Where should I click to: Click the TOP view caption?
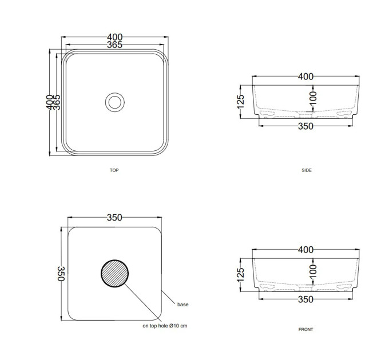pos(114,170)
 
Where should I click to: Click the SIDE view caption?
pos(307,170)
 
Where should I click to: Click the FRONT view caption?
pos(305,329)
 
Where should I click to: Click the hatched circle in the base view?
pos(114,274)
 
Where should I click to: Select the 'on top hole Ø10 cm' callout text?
pos(165,326)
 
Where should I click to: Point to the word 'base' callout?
pos(183,305)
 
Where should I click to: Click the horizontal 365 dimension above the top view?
pos(114,45)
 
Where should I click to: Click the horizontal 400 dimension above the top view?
pos(114,37)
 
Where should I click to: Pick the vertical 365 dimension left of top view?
pos(57,102)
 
